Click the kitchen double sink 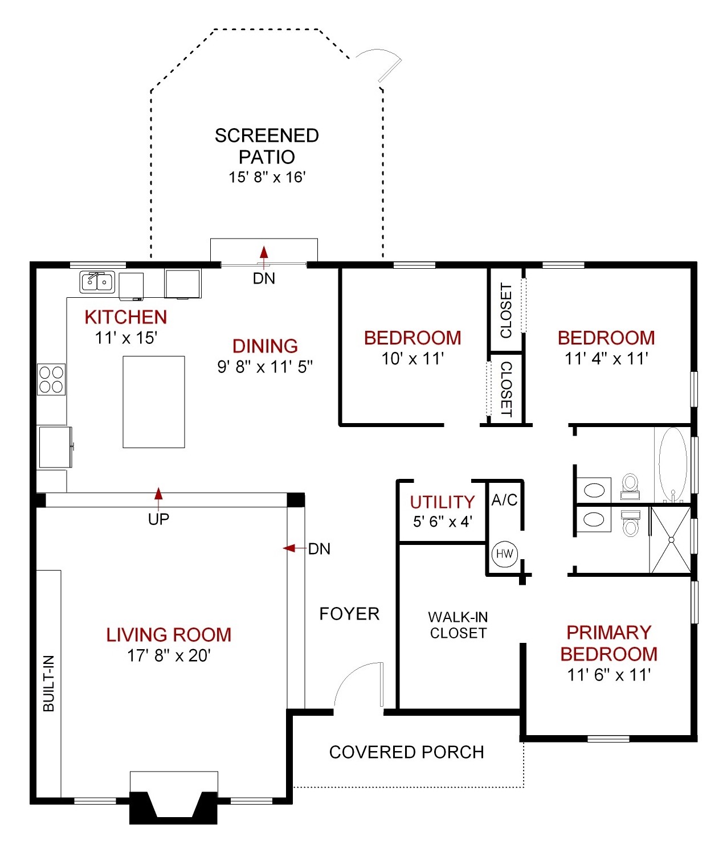click(x=97, y=282)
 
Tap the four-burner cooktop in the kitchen click(x=51, y=379)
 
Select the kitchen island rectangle click(x=154, y=402)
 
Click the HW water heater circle click(x=504, y=554)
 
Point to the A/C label click(x=504, y=500)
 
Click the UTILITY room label click(x=442, y=502)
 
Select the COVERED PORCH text click(x=407, y=752)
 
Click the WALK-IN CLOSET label click(x=458, y=625)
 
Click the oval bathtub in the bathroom click(x=672, y=464)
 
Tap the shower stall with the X click(x=671, y=540)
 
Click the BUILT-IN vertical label click(x=49, y=683)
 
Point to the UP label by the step click(x=158, y=519)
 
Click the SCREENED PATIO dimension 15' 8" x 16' click(x=267, y=177)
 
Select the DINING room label click(x=265, y=346)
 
